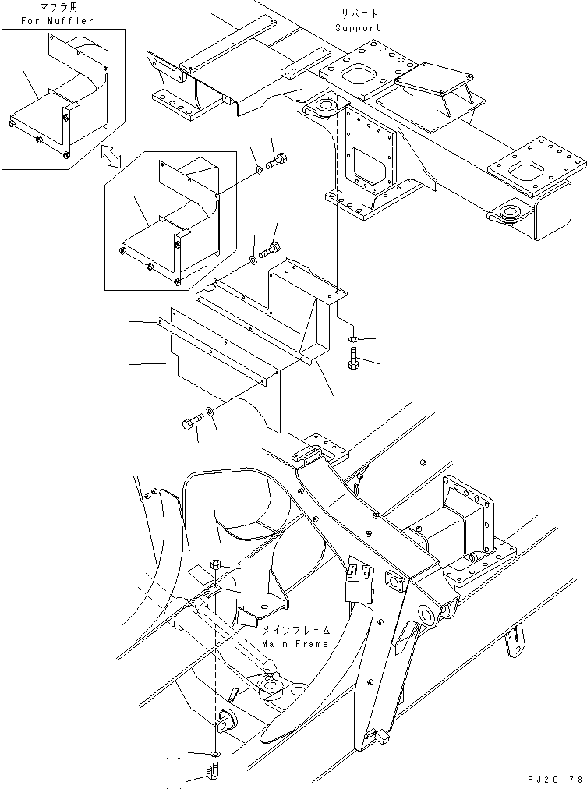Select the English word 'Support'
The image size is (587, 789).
pyautogui.click(x=358, y=28)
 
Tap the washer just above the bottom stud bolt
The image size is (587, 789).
pyautogui.click(x=215, y=754)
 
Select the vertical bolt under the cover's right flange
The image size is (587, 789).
pyautogui.click(x=353, y=359)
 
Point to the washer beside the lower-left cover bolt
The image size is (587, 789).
pyautogui.click(x=211, y=413)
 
